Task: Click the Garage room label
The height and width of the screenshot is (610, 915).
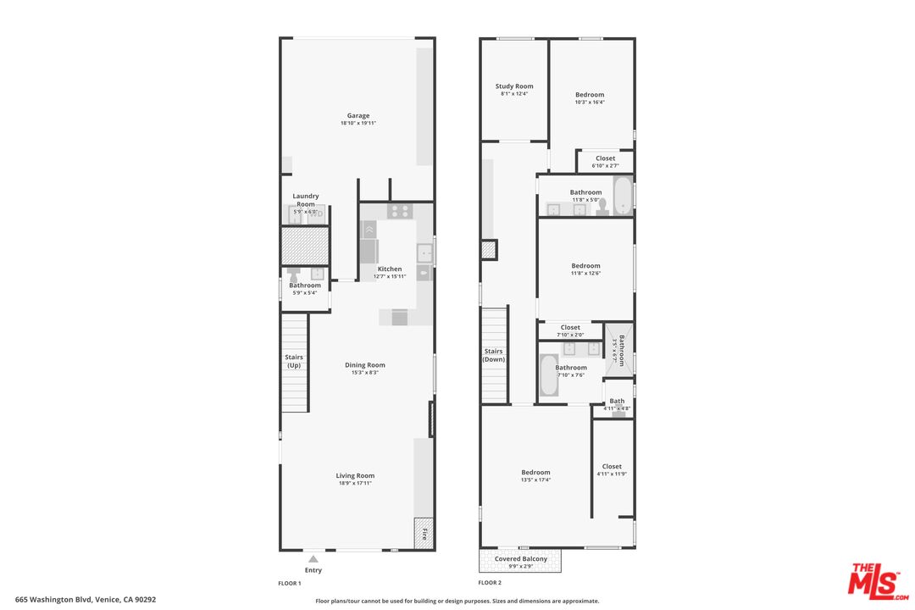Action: pos(358,116)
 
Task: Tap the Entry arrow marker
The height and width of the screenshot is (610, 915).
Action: pos(313,559)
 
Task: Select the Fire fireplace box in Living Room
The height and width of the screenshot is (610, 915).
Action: pos(424,534)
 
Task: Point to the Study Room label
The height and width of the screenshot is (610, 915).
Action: pos(514,86)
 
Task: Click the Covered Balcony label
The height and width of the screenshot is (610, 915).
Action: pos(521,559)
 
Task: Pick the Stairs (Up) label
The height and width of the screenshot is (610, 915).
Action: pos(294,361)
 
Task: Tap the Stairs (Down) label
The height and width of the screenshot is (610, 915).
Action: pos(494,355)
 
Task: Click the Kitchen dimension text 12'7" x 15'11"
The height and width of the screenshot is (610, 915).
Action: pos(390,276)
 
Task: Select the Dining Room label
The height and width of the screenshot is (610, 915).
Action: pos(365,365)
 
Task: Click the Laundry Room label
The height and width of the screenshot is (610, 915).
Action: pos(306,200)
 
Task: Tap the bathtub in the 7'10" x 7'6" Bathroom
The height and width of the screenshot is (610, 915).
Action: pos(548,375)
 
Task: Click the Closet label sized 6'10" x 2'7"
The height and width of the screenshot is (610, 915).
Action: pos(605,158)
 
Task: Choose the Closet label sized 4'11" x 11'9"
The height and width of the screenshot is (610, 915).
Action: pos(612,467)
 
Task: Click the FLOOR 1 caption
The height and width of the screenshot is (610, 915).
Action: pos(290,583)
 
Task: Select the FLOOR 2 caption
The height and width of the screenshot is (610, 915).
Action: pos(490,583)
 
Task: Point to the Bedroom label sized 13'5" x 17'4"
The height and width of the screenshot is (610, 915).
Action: pos(535,473)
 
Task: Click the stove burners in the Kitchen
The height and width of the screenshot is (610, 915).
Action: pos(398,212)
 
